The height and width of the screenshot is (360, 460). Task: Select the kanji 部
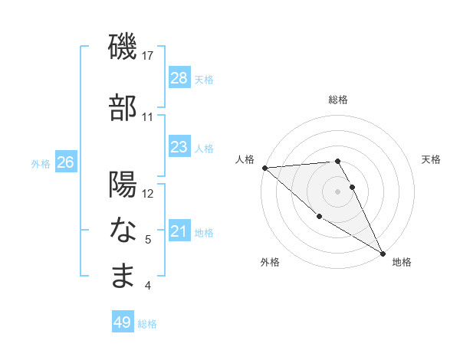click(123, 107)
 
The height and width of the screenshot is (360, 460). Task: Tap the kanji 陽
click(123, 185)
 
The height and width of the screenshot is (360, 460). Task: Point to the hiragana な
click(123, 229)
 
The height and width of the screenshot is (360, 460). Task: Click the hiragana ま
click(123, 276)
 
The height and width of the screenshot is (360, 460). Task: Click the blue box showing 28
click(179, 78)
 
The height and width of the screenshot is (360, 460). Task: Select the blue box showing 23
click(179, 147)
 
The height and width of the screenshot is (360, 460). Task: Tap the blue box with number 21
click(179, 231)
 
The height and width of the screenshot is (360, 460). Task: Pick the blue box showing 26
click(66, 162)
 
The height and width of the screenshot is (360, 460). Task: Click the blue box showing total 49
click(123, 322)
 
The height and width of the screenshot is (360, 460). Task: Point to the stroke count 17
click(149, 55)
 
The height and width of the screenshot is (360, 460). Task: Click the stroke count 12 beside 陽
click(149, 193)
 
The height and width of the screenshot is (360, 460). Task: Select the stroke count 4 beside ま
click(148, 286)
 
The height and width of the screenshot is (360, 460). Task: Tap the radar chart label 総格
click(337, 100)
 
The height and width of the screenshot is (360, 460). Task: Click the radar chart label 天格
click(432, 159)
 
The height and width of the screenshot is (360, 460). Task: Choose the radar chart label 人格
click(245, 159)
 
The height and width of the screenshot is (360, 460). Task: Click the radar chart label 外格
click(270, 263)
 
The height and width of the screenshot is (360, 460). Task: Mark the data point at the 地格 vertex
click(383, 253)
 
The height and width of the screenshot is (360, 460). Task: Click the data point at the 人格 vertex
click(264, 168)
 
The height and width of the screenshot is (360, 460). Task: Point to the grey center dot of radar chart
click(337, 191)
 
